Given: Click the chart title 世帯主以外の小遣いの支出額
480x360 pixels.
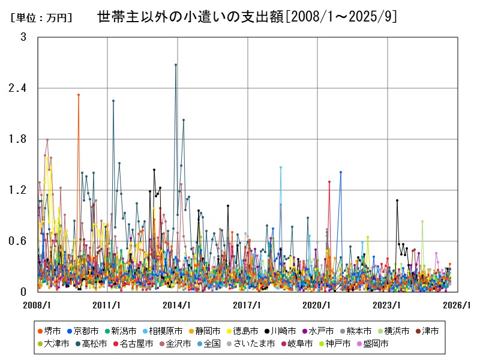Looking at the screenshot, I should coord(246,17).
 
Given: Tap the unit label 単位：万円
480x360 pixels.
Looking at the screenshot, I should coord(41,18).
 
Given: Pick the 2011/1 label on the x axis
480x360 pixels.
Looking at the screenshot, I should coord(107,305).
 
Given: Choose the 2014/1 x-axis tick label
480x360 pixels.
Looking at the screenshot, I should coord(178,305).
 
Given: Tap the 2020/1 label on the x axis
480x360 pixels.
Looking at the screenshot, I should coord(317,305).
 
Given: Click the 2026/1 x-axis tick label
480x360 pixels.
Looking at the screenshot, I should coord(458,305).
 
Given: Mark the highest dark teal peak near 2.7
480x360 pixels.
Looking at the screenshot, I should coord(176,65).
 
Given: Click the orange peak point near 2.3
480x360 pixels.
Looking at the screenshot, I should coord(79,95).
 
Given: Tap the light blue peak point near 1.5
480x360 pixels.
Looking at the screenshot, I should coord(281,167).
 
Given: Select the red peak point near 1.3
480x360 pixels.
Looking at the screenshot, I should coord(329,182).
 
